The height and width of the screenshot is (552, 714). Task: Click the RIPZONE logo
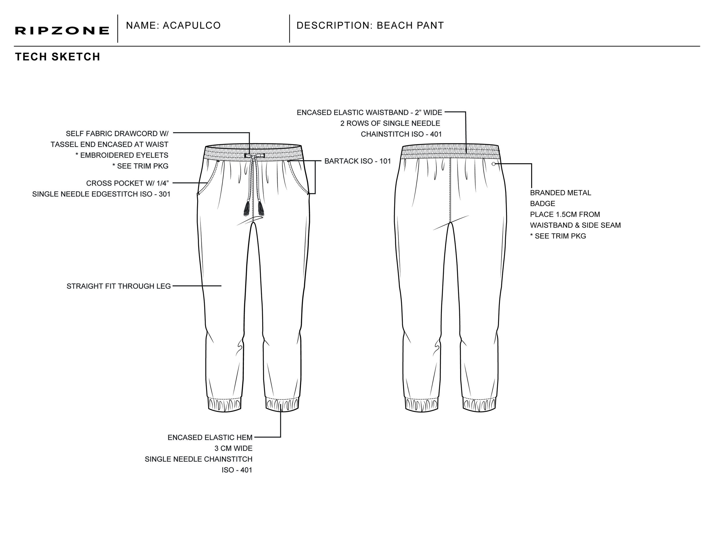[62, 31]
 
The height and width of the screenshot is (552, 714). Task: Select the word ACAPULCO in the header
[192, 25]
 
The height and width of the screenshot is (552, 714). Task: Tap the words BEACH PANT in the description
[410, 25]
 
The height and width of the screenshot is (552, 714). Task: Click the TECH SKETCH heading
[57, 57]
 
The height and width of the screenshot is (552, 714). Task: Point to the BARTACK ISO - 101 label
[358, 161]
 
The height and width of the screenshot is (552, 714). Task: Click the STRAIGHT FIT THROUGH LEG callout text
[119, 286]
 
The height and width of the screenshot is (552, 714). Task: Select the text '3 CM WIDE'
[233, 448]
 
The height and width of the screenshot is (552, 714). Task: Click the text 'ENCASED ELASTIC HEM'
[210, 437]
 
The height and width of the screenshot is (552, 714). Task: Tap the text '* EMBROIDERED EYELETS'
[122, 155]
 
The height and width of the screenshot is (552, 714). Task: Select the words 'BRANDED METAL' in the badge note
[560, 193]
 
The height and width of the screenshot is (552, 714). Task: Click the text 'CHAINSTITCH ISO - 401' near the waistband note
[401, 134]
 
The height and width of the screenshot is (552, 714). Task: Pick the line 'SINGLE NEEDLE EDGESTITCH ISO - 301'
[101, 194]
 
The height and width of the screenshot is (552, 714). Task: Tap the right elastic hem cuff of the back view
[479, 405]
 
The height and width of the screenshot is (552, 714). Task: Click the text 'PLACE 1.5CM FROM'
[565, 214]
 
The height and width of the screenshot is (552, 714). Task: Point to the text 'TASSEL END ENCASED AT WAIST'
[109, 144]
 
